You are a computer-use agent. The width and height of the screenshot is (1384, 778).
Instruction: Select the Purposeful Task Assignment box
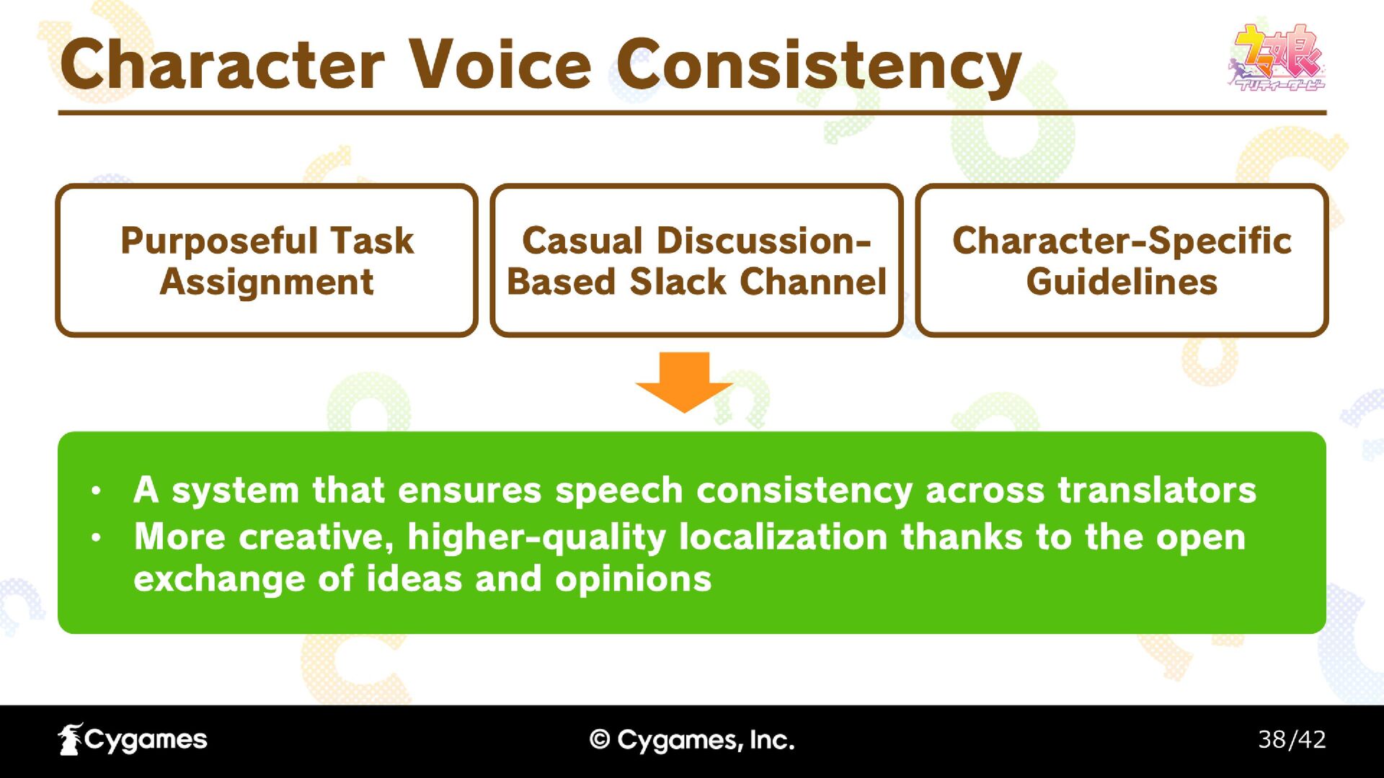267,260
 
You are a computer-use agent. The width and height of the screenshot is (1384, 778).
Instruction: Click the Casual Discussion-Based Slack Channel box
696,260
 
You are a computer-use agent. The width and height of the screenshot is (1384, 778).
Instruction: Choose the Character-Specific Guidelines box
1122,260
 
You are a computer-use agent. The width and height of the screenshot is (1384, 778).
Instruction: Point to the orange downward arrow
684,382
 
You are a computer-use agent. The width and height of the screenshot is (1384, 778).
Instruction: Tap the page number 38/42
1292,739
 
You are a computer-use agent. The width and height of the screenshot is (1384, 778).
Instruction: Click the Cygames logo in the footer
133,739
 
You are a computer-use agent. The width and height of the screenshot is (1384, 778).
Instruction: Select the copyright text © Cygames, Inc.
692,740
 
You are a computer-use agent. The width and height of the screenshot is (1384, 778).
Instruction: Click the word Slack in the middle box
678,282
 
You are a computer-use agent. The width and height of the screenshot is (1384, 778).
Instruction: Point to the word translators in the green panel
1157,491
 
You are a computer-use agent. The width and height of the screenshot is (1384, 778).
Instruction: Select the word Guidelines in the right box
1122,282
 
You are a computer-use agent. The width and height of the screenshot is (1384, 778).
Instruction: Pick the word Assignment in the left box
267,282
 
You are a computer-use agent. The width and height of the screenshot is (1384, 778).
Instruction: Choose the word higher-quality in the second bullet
537,538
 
